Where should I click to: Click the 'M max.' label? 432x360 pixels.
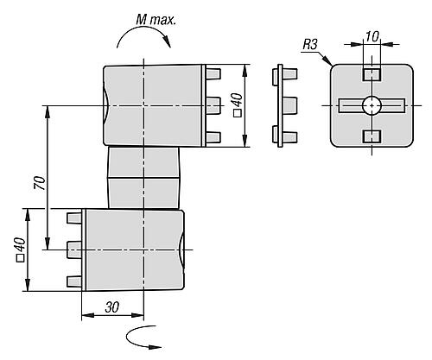tap(156, 20)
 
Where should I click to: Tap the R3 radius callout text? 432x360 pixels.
tap(310, 45)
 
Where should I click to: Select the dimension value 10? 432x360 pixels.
tap(372, 36)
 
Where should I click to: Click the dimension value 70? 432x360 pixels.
tap(40, 183)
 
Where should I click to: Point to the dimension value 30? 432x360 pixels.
tap(111, 307)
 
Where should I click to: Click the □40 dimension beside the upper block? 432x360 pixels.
tap(238, 105)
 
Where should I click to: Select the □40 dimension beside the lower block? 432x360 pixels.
tap(20, 249)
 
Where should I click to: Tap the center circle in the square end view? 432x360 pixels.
tap(372, 105)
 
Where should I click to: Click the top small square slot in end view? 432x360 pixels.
tap(372, 75)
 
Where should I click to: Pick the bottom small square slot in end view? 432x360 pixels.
tap(372, 136)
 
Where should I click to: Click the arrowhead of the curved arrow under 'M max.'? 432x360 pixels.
tap(167, 42)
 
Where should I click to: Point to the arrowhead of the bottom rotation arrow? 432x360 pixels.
tap(156, 347)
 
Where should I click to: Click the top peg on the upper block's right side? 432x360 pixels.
tap(213, 74)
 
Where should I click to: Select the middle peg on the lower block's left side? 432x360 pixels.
tap(74, 249)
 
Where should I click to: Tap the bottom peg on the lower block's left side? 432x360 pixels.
tap(74, 281)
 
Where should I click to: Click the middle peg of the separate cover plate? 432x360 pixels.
tap(289, 106)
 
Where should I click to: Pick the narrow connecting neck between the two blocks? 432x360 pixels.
tap(143, 178)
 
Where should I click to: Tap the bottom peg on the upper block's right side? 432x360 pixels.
tap(213, 137)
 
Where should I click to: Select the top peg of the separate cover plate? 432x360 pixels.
tap(289, 74)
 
